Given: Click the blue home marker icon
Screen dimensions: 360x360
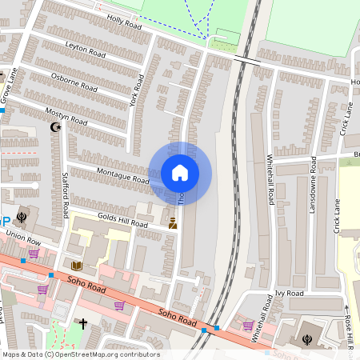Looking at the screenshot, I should coord(180,172).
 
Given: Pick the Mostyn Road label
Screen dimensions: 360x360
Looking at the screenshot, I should coord(66,113).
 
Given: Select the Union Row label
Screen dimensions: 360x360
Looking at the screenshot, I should coord(22,240).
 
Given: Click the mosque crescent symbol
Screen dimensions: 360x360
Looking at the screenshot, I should coord(55,126).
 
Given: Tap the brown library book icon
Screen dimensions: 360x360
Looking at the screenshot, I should coord(77,266).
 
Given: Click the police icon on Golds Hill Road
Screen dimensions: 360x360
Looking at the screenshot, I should coord(172,223).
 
